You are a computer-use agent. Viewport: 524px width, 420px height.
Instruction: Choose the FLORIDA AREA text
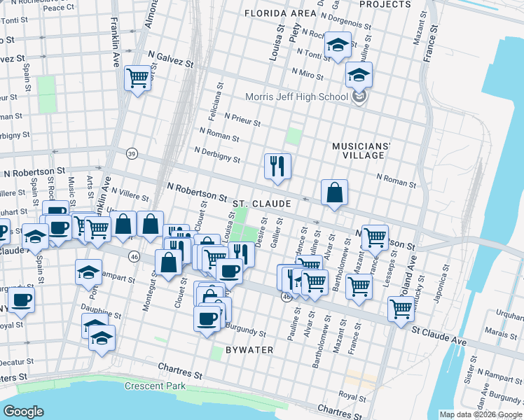284,13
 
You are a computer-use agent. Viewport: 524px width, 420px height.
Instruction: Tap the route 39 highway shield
131,153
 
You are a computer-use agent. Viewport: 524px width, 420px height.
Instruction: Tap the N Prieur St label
242,118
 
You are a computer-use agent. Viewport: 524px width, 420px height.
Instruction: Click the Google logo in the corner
24,411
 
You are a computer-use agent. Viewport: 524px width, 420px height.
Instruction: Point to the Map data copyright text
481,414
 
